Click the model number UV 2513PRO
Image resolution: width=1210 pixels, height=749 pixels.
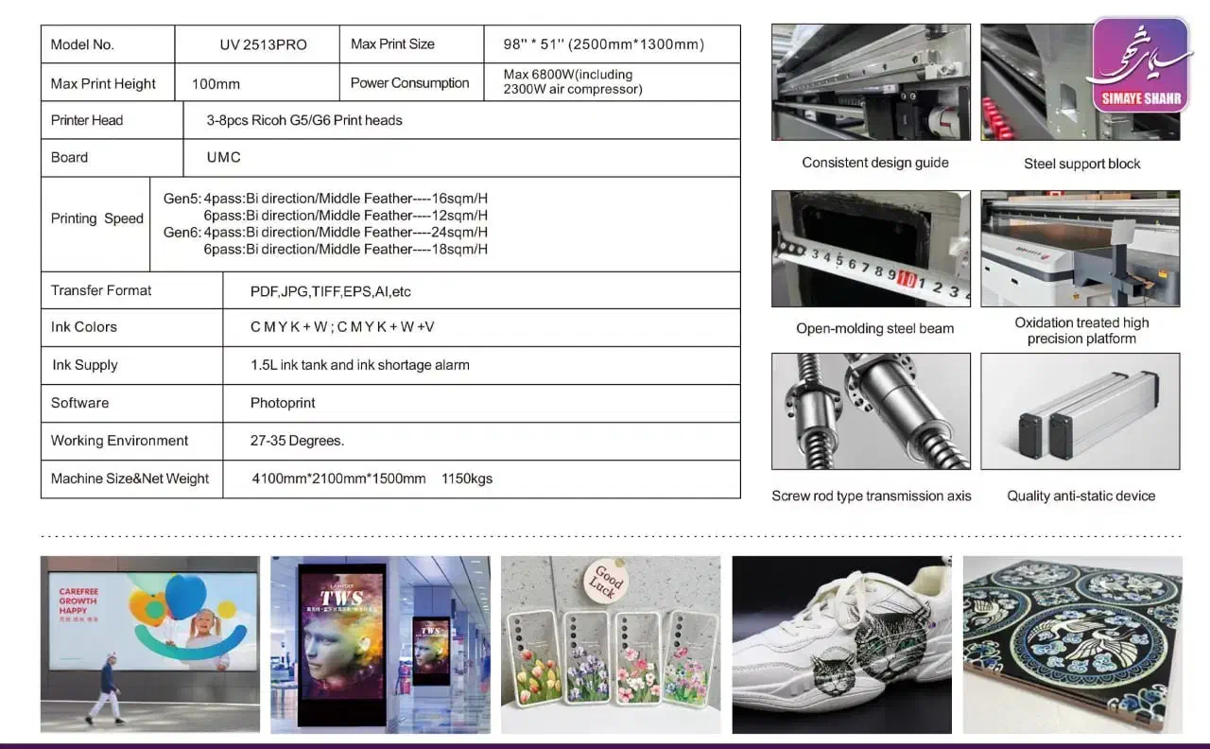pos(263,44)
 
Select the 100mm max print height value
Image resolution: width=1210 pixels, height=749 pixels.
pos(216,84)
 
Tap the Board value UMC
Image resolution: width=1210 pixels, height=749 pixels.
pos(224,157)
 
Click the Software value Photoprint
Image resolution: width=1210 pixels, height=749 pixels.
pos(283,403)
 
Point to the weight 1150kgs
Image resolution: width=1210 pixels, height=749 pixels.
pos(467,479)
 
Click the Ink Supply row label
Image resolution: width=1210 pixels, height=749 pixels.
pos(85,365)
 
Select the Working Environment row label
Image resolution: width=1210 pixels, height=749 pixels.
pos(119,441)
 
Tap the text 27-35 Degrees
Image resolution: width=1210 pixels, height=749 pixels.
pos(297,441)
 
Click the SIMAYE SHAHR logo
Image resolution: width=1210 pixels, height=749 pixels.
pos(1140,65)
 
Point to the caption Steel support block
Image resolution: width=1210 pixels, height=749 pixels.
pos(1082,164)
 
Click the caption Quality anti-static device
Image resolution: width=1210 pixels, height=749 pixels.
pos(1080,496)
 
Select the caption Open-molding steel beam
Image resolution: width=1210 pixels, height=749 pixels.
pos(874,328)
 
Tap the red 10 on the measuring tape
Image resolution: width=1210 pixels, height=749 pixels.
pos(907,278)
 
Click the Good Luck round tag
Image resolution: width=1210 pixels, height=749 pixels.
pos(606,581)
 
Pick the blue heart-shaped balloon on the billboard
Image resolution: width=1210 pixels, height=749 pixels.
pos(185,596)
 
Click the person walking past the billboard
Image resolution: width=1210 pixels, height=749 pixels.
pos(105,688)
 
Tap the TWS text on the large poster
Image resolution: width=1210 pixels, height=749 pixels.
pos(341,599)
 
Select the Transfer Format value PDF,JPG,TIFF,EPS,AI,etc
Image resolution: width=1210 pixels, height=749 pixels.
pos(331,292)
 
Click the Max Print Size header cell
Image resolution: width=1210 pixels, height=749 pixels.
pos(411,44)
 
